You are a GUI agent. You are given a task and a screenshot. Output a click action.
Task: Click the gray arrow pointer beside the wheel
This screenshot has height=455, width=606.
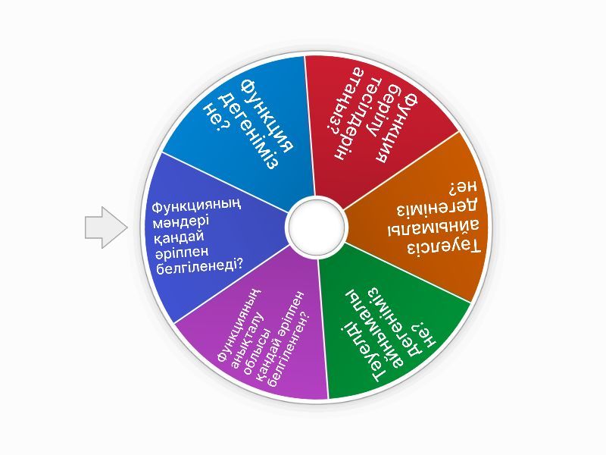(x=106, y=227)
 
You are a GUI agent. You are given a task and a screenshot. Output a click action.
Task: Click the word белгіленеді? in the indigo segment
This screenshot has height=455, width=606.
(x=200, y=266)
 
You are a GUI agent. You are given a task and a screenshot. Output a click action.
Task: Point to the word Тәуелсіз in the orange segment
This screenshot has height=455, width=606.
(x=444, y=247)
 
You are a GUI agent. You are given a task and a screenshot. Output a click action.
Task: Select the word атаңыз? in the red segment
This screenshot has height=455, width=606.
(x=344, y=102)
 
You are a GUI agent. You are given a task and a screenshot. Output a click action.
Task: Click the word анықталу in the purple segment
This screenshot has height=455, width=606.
(x=248, y=334)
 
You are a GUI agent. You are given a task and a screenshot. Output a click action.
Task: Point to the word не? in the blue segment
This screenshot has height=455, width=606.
(x=217, y=117)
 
